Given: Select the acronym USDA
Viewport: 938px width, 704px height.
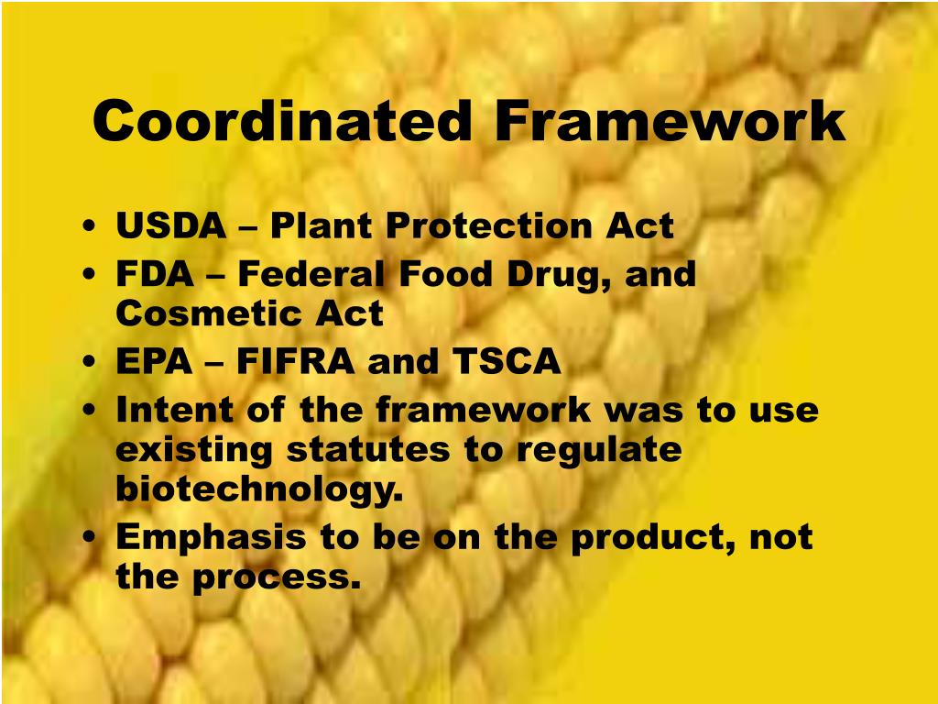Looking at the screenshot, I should point(170,226).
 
